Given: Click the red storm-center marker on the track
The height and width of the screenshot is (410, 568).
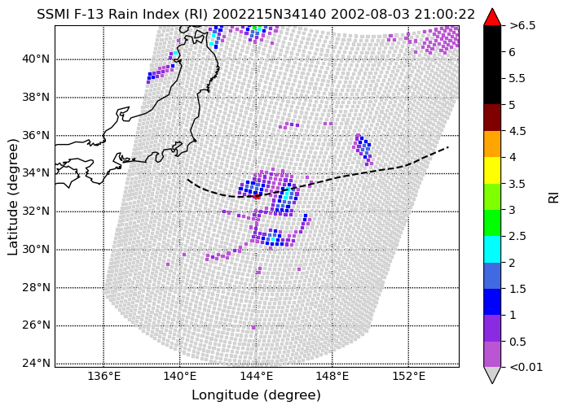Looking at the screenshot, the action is point(257,196).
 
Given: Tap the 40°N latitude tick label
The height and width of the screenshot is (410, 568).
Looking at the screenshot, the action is point(36,59).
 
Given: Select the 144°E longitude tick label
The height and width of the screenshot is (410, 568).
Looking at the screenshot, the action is point(256,377).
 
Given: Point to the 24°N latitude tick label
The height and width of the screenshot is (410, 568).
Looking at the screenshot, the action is point(36,363).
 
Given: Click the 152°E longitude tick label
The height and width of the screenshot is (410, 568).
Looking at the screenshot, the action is point(408,377).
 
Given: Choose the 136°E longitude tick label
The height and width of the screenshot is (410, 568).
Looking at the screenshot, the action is point(104,377).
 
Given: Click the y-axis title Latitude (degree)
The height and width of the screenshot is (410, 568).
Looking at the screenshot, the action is point(12,197).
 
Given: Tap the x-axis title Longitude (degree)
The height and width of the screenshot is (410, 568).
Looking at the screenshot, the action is point(256,395).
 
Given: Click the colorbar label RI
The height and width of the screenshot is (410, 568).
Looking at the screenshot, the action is point(553,198).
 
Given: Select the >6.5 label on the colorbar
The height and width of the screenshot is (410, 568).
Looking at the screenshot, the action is point(522,26).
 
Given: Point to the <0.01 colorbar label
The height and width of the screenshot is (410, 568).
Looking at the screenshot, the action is point(526,368).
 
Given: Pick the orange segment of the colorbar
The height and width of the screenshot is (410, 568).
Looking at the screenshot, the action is point(492,144).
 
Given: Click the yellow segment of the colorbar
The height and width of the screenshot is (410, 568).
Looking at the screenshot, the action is point(492,170).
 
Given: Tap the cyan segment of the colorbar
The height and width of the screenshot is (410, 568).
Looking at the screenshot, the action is point(492,249).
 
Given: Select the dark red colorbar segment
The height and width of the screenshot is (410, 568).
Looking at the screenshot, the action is point(492,117).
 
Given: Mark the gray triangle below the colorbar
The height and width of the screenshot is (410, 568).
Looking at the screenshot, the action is point(492,374).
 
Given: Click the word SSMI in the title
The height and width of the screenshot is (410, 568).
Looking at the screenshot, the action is point(53,15).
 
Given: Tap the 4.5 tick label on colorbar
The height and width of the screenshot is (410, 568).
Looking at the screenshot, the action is point(517,131).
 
